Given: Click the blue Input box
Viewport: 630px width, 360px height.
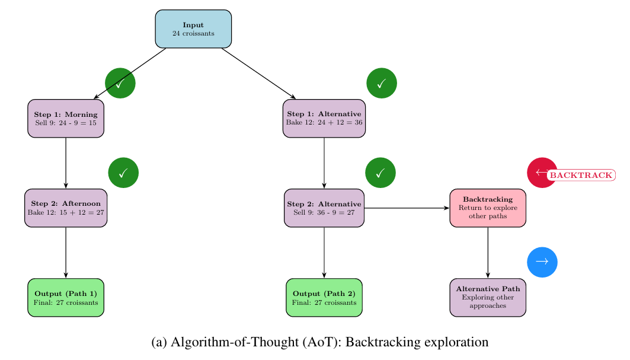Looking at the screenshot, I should click(x=193, y=28).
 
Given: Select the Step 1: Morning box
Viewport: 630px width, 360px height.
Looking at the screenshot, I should click(x=66, y=118).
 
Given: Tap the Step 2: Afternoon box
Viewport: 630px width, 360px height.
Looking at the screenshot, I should click(x=66, y=208).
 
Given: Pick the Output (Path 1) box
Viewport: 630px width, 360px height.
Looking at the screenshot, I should click(x=66, y=297).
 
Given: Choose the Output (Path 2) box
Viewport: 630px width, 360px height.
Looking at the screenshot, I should click(x=324, y=297).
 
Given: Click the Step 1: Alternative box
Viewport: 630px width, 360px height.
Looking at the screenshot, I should click(x=324, y=118).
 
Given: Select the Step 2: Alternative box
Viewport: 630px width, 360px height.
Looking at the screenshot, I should click(x=324, y=208).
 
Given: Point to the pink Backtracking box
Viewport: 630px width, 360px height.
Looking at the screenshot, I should click(x=488, y=208).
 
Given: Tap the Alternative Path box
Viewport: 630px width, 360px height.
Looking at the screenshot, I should click(x=488, y=297).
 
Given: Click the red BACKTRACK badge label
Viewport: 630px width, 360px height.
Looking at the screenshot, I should click(x=581, y=175).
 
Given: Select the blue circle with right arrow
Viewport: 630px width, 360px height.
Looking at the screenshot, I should click(x=542, y=262).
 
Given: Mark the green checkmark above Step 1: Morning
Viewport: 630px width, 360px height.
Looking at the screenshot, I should click(x=120, y=83).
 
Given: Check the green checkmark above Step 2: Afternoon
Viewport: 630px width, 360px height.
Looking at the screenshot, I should click(x=123, y=173).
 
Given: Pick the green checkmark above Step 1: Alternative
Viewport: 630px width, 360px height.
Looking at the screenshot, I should click(x=382, y=83).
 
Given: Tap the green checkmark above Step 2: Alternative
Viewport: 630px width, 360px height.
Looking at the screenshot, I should click(x=380, y=173).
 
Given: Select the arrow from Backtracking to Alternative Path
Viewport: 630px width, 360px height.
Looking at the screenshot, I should click(x=488, y=252).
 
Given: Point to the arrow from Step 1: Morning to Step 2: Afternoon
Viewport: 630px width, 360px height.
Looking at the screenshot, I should click(x=66, y=163).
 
